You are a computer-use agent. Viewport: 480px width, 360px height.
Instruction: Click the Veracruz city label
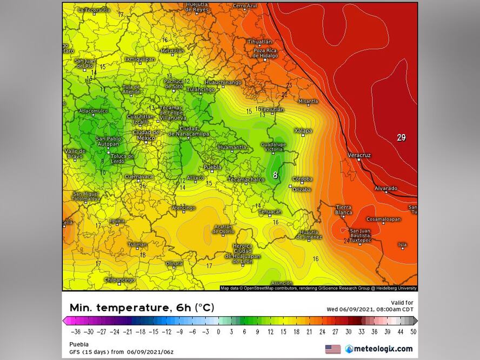pyautogui.click(x=359, y=155)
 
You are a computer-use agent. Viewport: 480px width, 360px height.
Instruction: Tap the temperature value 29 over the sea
pyautogui.click(x=401, y=138)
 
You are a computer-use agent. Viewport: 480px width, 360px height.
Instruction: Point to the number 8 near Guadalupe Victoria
pyautogui.click(x=275, y=175)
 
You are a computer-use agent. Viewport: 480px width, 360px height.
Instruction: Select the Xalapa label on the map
pyautogui.click(x=303, y=131)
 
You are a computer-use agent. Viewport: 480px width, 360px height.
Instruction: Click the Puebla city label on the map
pyautogui.click(x=212, y=167)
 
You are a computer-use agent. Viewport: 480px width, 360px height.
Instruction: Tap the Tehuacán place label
pyautogui.click(x=270, y=212)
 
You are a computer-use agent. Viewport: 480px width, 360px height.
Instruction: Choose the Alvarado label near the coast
pyautogui.click(x=386, y=188)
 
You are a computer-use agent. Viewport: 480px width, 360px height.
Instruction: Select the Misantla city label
pyautogui.click(x=308, y=101)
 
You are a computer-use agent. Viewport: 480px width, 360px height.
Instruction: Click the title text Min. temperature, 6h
pyautogui.click(x=142, y=308)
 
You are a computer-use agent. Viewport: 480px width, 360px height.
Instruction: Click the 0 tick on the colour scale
pyautogui.click(x=218, y=332)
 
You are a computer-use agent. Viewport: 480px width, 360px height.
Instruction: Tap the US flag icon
pyautogui.click(x=333, y=349)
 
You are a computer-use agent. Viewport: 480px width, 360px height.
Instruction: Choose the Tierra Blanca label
pyautogui.click(x=344, y=210)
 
